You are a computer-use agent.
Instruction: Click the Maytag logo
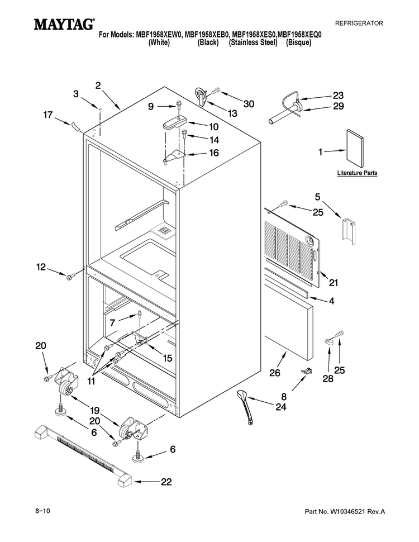(x=64, y=24)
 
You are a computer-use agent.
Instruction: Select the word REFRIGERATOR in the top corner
(x=359, y=23)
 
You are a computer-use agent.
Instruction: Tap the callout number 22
(x=166, y=482)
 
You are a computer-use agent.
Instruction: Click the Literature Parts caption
(x=357, y=173)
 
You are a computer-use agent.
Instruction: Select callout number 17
(x=47, y=115)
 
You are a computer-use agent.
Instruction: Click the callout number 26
(x=275, y=373)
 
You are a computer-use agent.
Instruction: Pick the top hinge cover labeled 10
(x=174, y=123)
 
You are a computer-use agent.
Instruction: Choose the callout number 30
(x=249, y=104)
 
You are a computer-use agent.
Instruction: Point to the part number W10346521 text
(x=345, y=512)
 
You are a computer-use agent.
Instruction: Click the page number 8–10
(x=42, y=510)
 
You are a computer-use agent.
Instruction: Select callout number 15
(x=168, y=358)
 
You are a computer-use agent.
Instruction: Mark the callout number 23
(x=338, y=95)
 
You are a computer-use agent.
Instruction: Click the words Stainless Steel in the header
(x=253, y=42)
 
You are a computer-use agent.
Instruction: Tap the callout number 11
(x=91, y=381)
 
